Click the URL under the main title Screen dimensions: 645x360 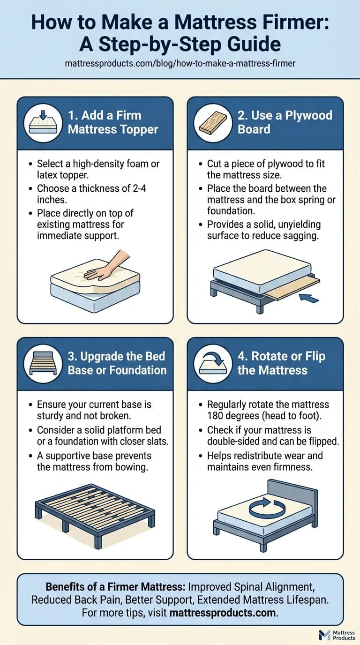(x=180, y=63)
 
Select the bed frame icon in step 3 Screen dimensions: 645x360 (x=43, y=363)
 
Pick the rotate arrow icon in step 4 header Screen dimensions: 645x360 (x=213, y=363)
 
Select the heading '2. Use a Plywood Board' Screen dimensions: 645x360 (x=285, y=122)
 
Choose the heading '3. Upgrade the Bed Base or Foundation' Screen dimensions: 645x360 (x=117, y=363)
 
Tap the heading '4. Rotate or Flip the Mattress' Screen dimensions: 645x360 (x=281, y=363)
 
